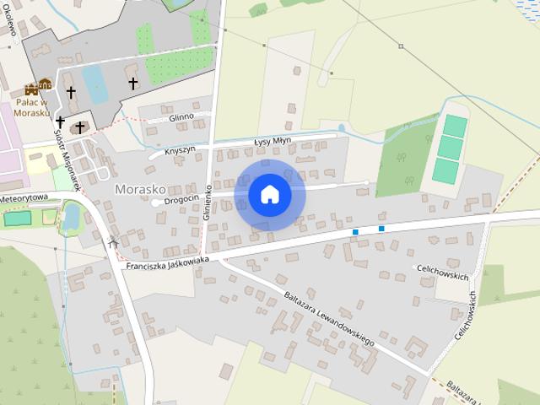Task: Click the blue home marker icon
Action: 269,194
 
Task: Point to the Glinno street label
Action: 181,116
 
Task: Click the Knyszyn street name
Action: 180,149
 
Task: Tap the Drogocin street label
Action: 181,199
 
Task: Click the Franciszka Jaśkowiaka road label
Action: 166,263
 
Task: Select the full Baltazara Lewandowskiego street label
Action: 329,319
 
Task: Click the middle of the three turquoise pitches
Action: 451,148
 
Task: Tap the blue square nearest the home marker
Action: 356,231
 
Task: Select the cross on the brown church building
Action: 80,127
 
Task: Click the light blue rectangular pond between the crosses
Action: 95,85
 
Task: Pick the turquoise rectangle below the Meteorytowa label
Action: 17,218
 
